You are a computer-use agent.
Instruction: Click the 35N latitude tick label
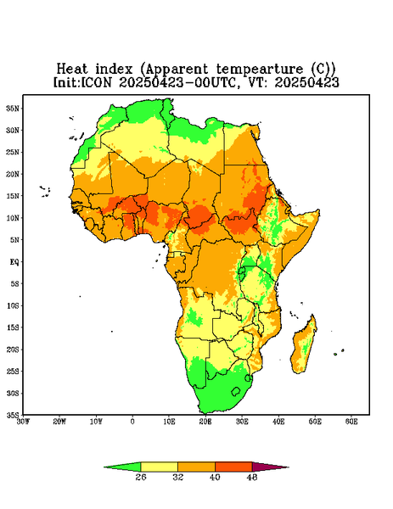tap(13, 108)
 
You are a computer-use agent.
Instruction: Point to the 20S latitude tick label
tap(13, 350)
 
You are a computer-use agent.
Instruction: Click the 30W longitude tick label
tap(24, 422)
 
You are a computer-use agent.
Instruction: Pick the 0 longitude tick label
tap(132, 422)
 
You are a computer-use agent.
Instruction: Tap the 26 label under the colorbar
tap(141, 477)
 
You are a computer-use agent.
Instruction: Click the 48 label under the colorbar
tap(252, 477)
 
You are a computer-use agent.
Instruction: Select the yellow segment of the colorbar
tap(159, 467)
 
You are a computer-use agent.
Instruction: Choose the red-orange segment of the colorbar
tap(233, 467)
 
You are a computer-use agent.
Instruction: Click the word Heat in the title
tap(72, 69)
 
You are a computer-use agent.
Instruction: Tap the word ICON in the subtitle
tap(96, 82)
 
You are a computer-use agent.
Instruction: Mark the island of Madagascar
tap(305, 346)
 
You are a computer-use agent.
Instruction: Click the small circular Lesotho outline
tap(235, 391)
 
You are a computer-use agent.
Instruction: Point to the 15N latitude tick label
tap(13, 196)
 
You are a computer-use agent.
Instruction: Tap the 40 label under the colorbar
tap(215, 477)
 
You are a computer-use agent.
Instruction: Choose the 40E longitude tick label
tap(278, 422)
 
